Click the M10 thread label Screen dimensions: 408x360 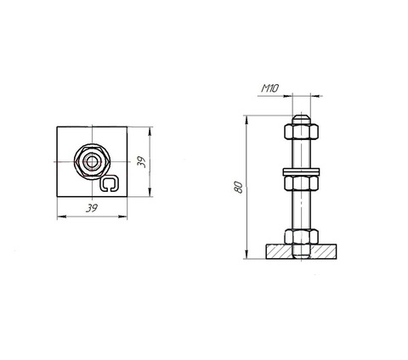point(269,88)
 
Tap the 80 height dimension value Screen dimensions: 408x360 point(239,187)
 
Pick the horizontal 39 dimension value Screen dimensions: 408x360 point(92,209)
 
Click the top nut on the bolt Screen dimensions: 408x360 point(302,132)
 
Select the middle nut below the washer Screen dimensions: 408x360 point(302,183)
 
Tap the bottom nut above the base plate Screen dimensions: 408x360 point(302,237)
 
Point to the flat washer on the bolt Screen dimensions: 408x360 point(302,172)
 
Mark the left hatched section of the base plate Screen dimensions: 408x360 point(279,251)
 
